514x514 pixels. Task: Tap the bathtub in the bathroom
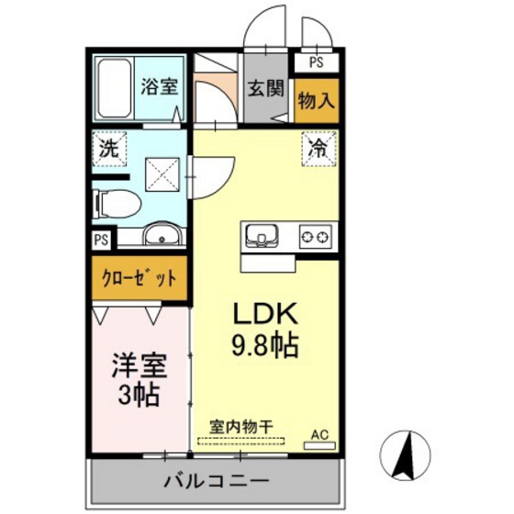115,88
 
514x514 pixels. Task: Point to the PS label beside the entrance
316,63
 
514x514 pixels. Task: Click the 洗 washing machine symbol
108,148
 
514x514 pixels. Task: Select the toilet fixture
117,202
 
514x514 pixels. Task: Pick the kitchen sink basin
263,238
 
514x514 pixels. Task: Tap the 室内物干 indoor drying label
240,427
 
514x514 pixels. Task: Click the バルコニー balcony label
216,480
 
